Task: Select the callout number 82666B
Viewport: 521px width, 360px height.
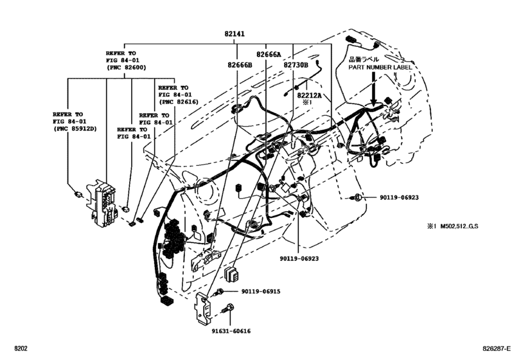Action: point(240,65)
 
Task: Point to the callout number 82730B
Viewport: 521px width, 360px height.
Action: point(296,65)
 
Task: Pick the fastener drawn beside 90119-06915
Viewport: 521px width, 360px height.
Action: point(222,291)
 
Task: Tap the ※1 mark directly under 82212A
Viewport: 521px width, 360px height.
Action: point(306,102)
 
